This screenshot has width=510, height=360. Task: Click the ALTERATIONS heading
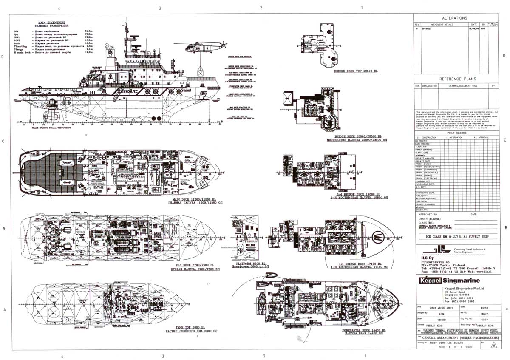(454, 18)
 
